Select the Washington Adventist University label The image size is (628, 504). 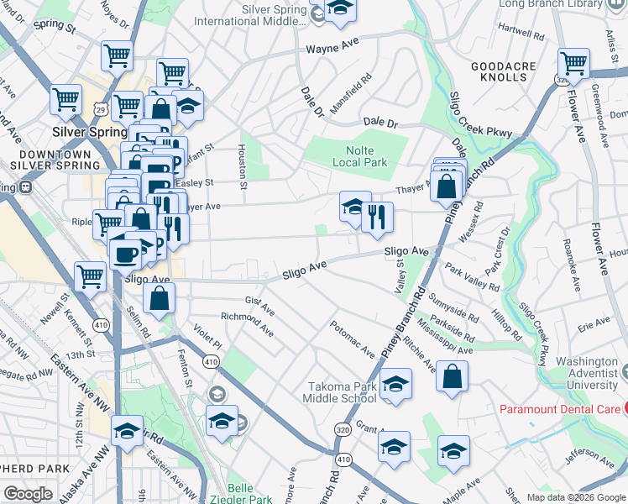point(580,378)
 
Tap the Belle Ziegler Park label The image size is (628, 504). point(251,493)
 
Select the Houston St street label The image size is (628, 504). point(242,165)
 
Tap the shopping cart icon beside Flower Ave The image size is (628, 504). point(574,62)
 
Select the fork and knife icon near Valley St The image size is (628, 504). point(378,217)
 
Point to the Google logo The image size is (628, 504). point(28,494)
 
